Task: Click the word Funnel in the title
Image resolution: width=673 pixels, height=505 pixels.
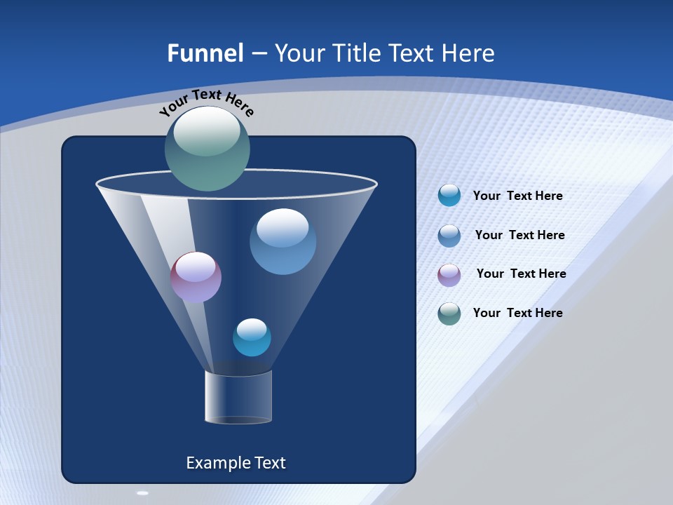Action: [x=205, y=53]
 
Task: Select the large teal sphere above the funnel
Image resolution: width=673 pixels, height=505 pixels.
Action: [x=208, y=149]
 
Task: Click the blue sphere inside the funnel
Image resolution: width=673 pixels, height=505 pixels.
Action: [x=283, y=241]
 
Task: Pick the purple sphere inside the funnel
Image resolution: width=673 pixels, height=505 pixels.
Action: [x=196, y=277]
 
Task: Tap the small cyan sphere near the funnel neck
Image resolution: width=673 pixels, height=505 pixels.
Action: [x=252, y=337]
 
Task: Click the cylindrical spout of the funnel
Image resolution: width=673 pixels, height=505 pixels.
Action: [x=238, y=397]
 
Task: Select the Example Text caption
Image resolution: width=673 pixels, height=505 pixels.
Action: [x=236, y=463]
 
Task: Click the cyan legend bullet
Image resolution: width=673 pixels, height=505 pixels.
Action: [x=449, y=195]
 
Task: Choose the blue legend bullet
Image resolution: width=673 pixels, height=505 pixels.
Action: [x=449, y=236]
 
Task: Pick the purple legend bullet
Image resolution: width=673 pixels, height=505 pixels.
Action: [x=449, y=275]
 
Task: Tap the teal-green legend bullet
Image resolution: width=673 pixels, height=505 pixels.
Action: [x=449, y=314]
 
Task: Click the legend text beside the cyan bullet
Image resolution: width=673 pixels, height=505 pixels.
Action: [x=517, y=196]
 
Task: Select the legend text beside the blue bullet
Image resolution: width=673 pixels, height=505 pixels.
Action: [x=519, y=236]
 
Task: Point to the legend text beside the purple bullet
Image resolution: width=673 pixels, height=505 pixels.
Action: [x=521, y=274]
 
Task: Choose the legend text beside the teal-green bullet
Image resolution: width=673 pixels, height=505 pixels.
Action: [x=517, y=314]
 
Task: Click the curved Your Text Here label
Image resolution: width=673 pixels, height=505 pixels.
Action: [x=207, y=102]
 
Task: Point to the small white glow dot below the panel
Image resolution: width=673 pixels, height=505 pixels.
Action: [x=143, y=493]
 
